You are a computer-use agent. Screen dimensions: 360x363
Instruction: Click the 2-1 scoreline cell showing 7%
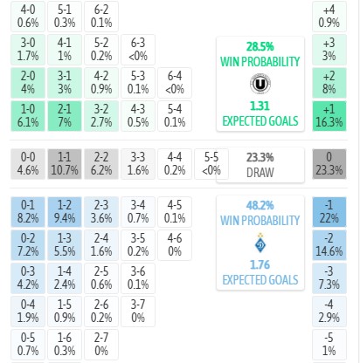coord(65,116)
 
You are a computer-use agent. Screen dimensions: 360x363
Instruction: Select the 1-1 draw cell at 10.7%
coord(65,164)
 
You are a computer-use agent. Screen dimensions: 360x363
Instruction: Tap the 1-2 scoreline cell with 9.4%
coord(65,212)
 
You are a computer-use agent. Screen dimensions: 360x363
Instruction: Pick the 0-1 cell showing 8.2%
coord(28,212)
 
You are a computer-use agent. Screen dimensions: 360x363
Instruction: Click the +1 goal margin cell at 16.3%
coord(329,116)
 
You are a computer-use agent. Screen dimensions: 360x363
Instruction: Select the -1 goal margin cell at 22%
coord(329,212)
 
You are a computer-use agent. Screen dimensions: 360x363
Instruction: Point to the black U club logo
coord(260,84)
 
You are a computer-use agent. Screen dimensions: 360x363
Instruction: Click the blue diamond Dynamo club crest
coord(260,243)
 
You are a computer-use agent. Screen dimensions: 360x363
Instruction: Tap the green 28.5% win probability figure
coord(260,46)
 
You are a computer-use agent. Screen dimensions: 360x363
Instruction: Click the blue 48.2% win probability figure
coord(260,206)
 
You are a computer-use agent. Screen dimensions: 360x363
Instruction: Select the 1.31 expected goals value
coord(260,106)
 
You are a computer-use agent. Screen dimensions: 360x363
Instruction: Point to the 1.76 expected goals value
coord(260,265)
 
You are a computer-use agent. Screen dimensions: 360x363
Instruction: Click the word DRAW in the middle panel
coord(260,173)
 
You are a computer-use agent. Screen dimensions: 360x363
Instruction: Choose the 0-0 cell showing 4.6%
coord(28,164)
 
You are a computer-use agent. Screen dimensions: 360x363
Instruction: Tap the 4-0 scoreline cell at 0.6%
coord(28,17)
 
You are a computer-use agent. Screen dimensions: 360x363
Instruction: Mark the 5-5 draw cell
coord(211,164)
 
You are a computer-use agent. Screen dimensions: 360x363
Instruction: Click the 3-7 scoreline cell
coord(138,312)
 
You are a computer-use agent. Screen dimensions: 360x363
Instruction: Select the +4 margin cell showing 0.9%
coord(329,17)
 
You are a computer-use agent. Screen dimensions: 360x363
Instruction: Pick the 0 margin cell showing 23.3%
coord(329,164)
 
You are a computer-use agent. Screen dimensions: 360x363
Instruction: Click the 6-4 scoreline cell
coord(175,83)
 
